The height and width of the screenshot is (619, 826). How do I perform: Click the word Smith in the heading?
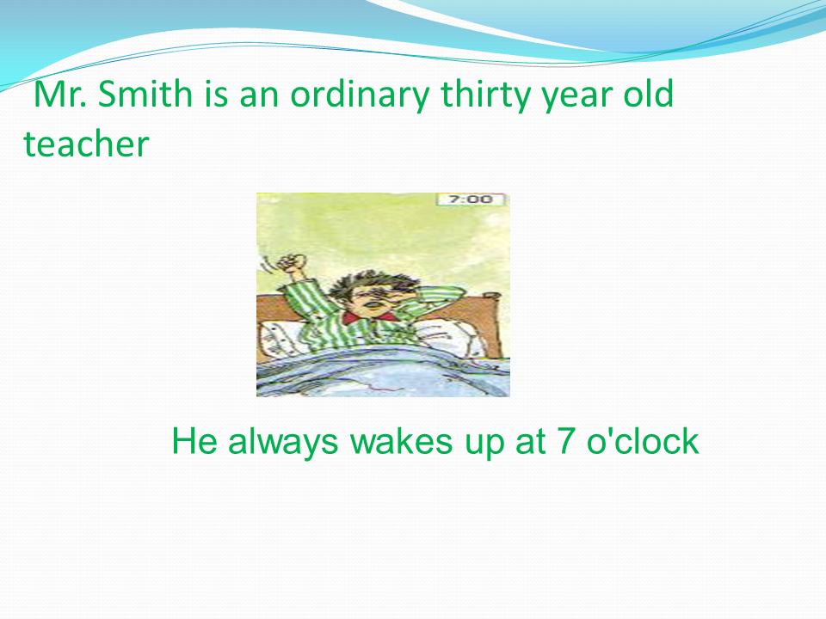[145, 94]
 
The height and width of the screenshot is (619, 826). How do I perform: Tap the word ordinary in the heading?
[361, 95]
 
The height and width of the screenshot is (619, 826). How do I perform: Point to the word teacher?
[86, 144]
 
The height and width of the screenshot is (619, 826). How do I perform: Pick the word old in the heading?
[649, 94]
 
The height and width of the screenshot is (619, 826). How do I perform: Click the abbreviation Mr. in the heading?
[60, 94]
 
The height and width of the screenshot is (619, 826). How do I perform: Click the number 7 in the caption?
[565, 441]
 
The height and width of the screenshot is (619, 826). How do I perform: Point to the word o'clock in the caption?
[643, 441]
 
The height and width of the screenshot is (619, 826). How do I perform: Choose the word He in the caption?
[194, 441]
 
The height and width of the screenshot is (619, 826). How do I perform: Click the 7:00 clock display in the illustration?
[471, 199]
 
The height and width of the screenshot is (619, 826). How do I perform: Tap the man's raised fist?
[292, 262]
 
